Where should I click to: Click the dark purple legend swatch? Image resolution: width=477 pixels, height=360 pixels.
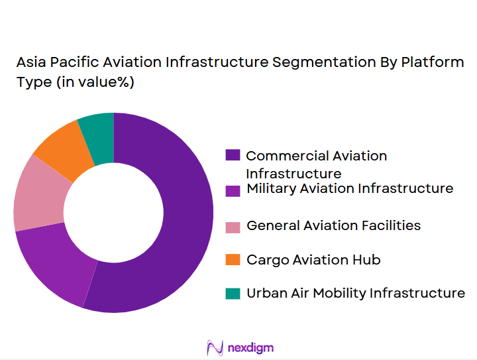233,155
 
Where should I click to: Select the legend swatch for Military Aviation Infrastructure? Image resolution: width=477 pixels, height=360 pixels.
233,190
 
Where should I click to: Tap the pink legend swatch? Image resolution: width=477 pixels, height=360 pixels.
233,227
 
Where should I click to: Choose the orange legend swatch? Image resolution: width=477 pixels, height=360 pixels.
233,261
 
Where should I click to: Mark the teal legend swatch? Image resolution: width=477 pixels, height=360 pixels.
233,294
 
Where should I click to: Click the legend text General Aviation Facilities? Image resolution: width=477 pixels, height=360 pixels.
333,225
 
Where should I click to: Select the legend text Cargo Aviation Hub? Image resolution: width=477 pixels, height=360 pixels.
313,260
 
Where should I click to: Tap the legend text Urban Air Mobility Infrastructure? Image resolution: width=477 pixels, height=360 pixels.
356,293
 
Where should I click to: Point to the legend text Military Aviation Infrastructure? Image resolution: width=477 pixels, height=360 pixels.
350,189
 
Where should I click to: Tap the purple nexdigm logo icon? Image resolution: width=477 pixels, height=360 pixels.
215,347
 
